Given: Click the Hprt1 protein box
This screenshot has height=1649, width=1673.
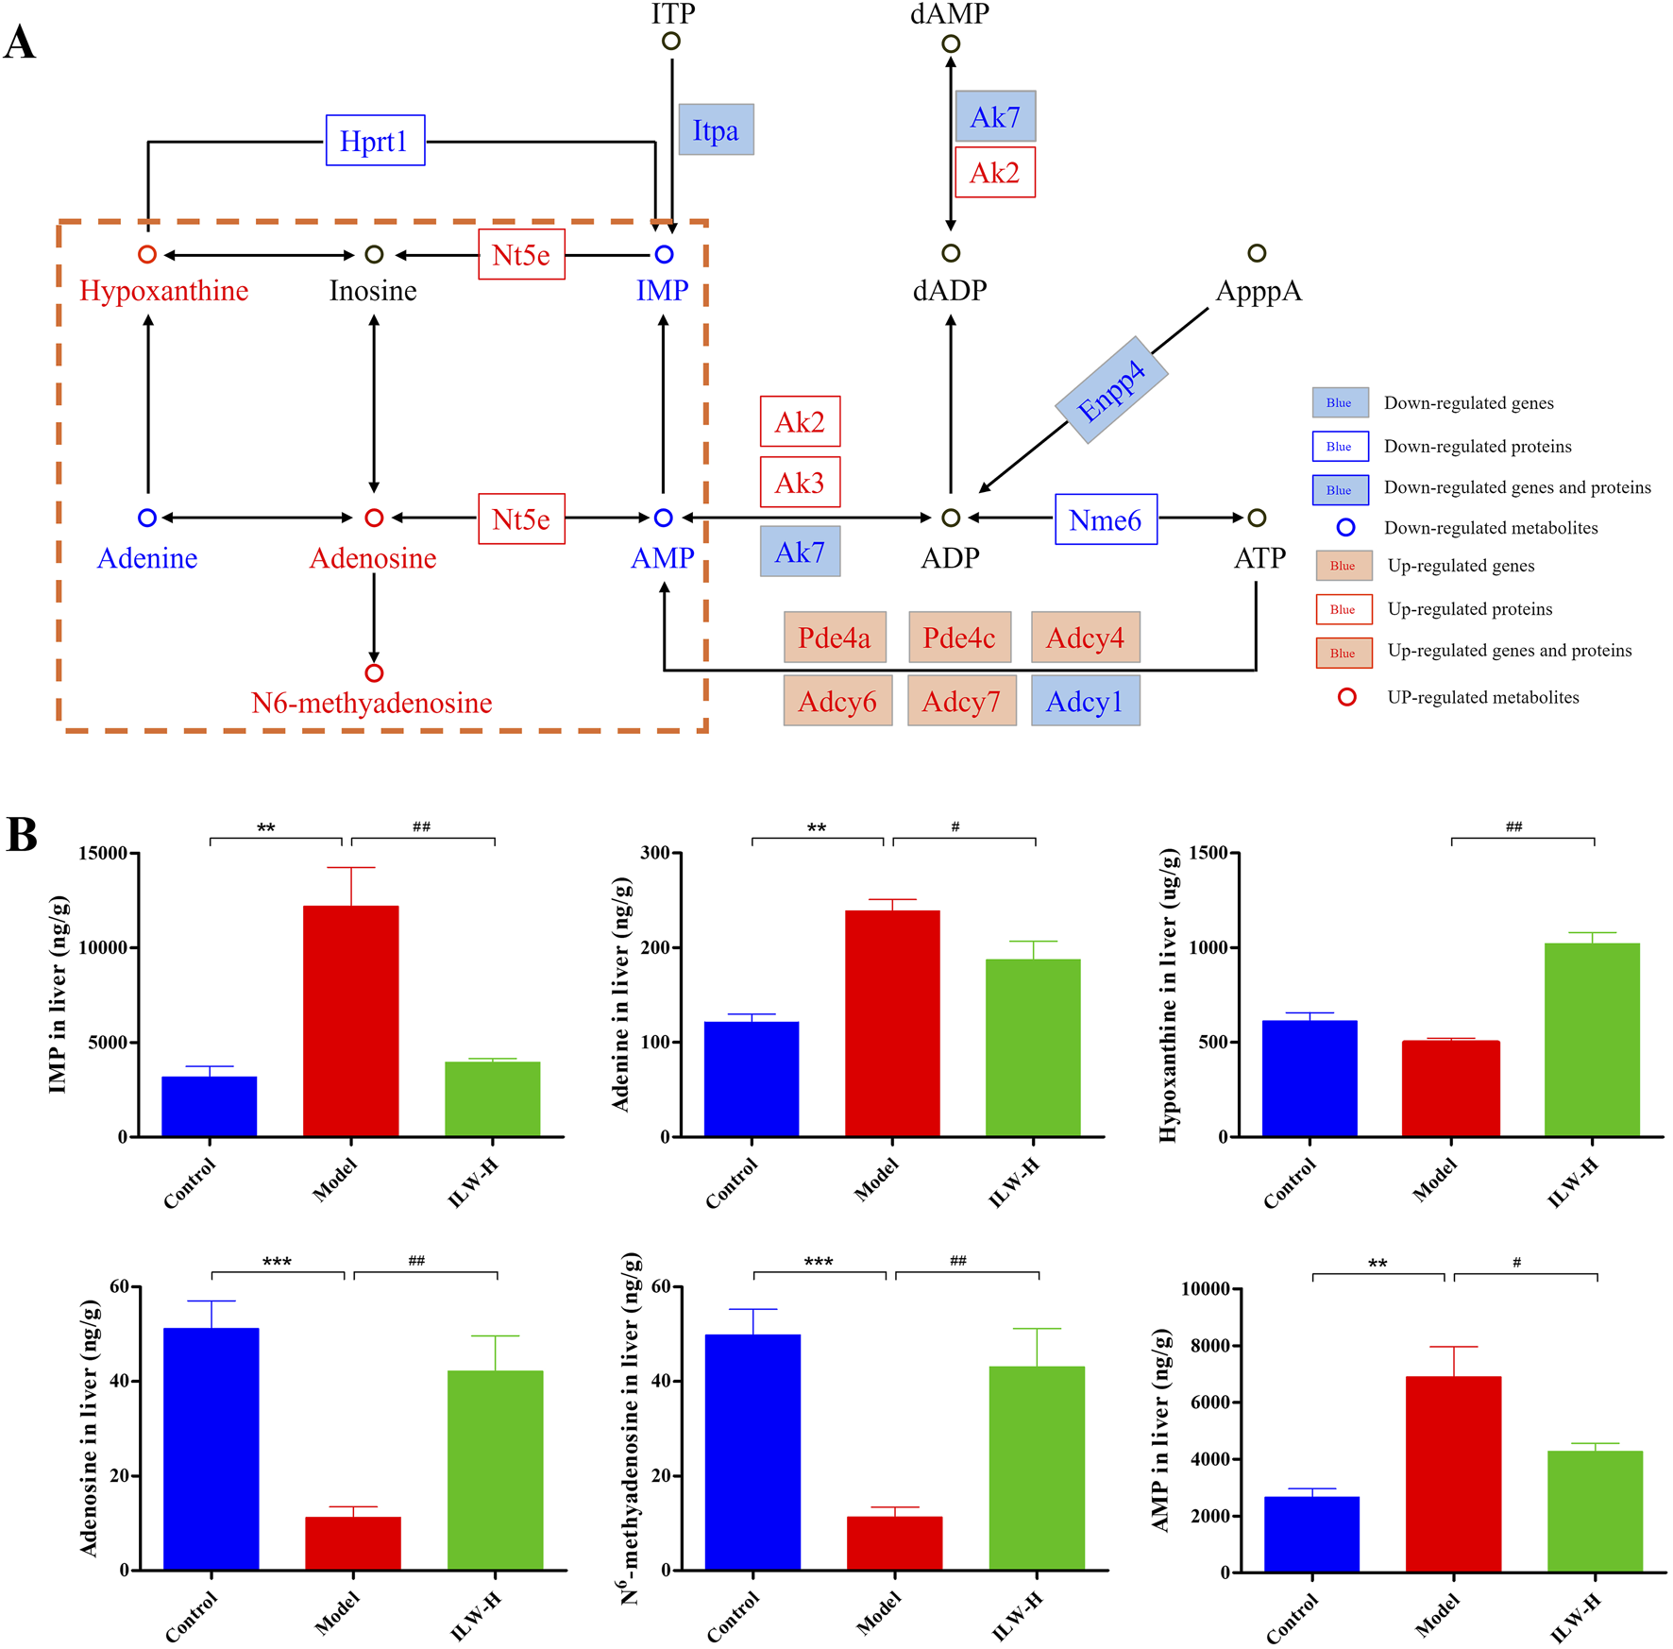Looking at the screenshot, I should [375, 141].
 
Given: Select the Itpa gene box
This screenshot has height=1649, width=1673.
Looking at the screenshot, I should [716, 130].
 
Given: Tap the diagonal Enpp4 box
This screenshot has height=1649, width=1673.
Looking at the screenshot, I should [1111, 390].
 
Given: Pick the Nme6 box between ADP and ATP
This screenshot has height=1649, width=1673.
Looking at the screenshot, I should [1105, 519].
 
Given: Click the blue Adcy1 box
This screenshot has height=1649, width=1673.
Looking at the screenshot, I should [1085, 701].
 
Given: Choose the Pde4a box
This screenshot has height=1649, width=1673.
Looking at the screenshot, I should [835, 637].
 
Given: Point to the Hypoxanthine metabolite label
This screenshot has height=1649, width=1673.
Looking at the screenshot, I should [164, 291].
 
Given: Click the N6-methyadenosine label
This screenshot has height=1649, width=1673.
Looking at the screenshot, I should [371, 703].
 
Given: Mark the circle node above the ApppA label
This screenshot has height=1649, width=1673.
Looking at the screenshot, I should [1256, 253].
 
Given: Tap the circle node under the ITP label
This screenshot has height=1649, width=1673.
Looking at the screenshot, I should [670, 42].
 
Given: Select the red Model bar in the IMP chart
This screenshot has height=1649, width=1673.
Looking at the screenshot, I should [351, 1020].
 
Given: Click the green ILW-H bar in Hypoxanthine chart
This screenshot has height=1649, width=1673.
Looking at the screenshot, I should [1592, 1039].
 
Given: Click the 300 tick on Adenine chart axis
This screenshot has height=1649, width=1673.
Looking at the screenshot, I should [655, 853].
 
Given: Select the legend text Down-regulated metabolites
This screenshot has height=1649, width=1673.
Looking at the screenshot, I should [1491, 528].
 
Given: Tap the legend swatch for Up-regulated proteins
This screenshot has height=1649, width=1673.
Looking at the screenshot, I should [1342, 609].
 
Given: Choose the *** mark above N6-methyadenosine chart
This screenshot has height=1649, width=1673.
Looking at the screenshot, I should [819, 1262].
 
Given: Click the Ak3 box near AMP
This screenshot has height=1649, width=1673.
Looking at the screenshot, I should [800, 483].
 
